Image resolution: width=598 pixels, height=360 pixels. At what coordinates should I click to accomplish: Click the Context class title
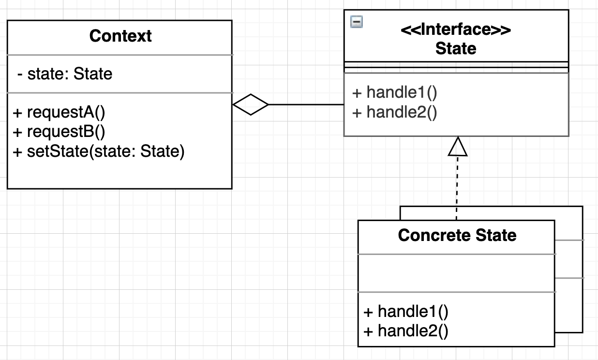120,36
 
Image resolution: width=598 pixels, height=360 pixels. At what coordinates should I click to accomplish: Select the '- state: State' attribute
65,74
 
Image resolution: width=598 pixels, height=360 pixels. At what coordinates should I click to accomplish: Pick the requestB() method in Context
59,132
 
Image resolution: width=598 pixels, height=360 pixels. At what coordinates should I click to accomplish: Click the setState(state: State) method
99,151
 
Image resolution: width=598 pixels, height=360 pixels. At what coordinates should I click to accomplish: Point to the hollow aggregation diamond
251,105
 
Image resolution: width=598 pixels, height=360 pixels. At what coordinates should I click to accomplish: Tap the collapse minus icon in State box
357,22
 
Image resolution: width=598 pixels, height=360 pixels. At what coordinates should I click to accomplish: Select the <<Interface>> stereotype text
456,30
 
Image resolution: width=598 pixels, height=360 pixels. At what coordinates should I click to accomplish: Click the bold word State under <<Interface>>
456,48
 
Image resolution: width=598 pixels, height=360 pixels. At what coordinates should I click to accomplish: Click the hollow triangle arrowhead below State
457,147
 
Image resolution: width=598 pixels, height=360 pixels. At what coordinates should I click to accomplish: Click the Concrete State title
457,236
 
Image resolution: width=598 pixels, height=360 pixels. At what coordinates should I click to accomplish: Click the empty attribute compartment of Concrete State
457,273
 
